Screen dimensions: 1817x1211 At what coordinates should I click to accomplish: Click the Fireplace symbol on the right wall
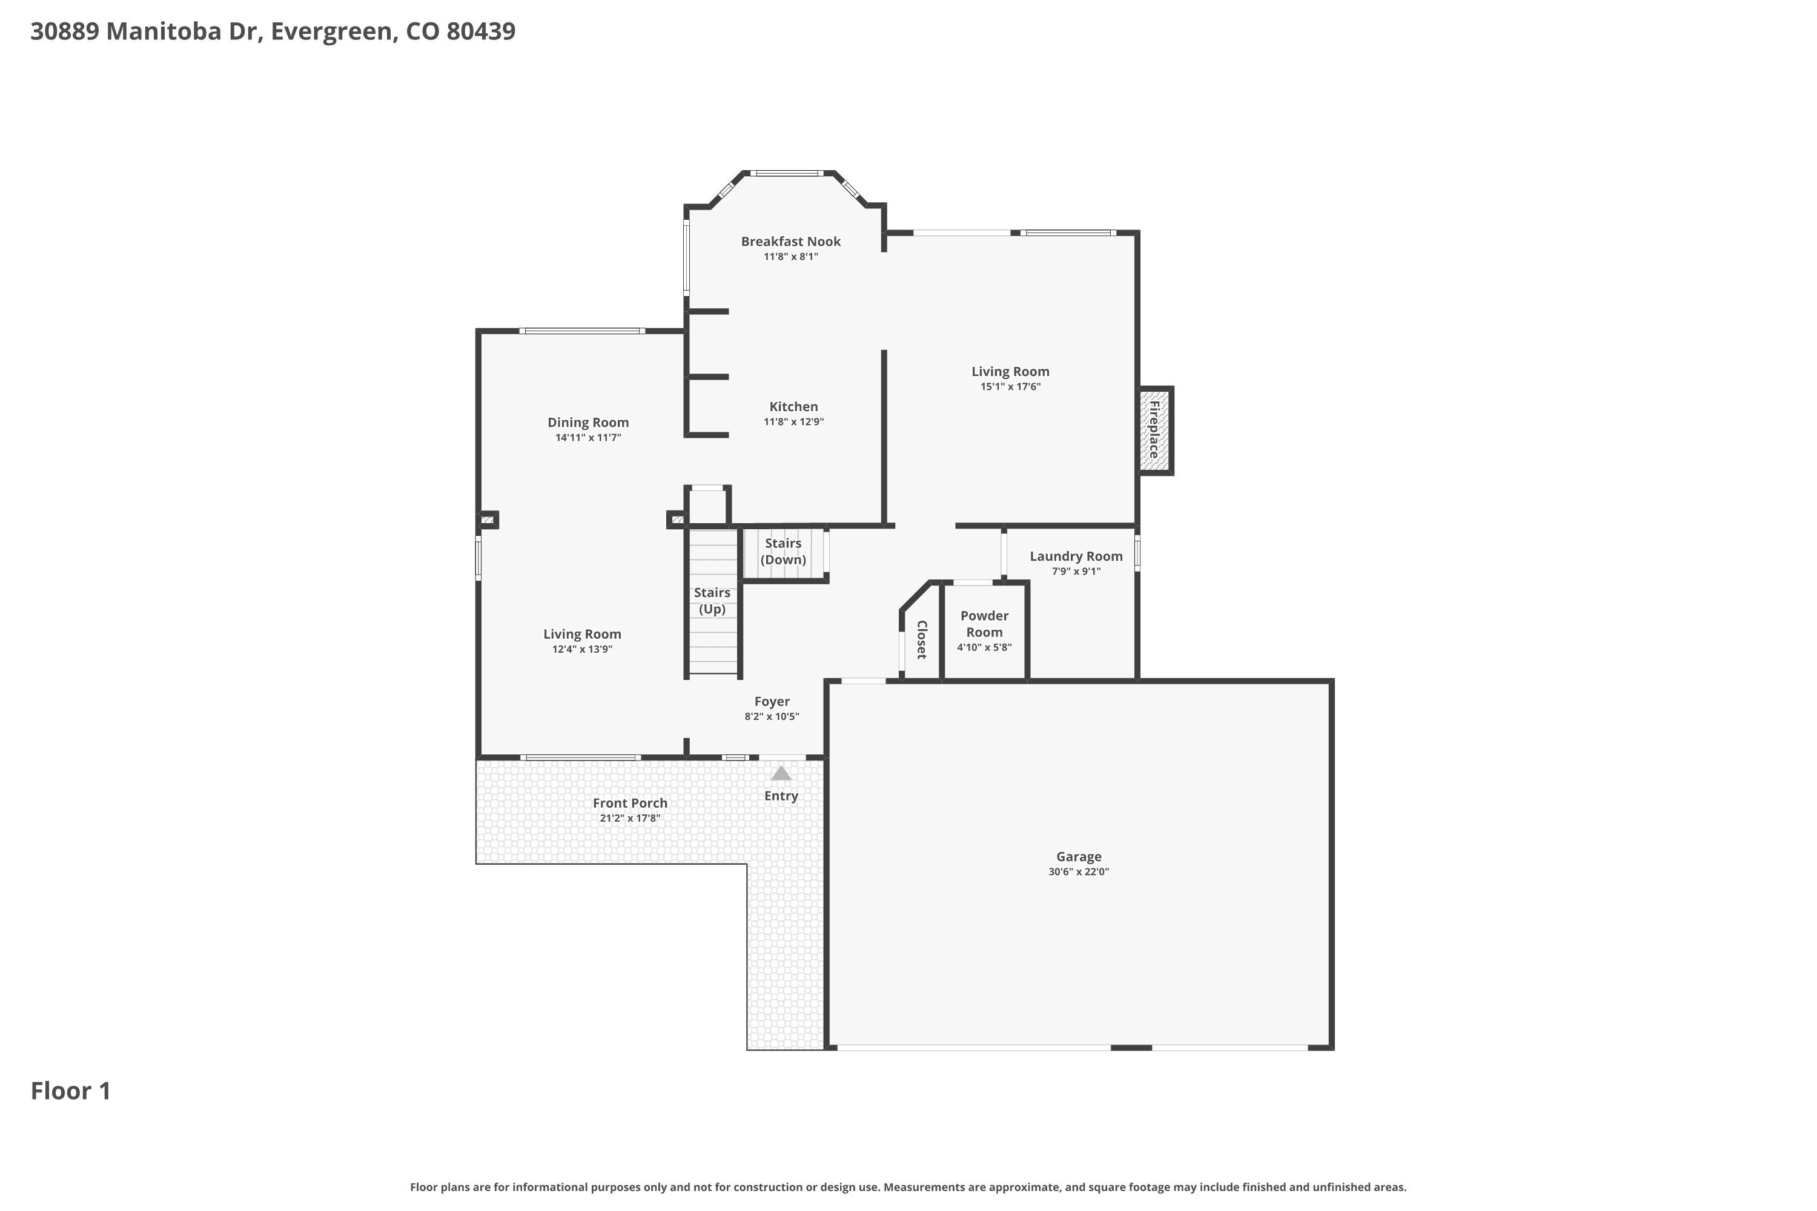pos(1156,430)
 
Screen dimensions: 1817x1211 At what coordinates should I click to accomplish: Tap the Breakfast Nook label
pos(790,242)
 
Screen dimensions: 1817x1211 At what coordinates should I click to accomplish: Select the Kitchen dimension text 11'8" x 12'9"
pos(793,421)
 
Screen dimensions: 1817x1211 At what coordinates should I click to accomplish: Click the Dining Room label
pos(588,423)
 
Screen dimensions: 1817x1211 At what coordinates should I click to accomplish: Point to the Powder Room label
pos(984,624)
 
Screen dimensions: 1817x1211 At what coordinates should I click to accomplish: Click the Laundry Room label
pos(1076,556)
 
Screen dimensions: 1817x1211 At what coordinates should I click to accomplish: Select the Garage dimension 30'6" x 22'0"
pos(1079,872)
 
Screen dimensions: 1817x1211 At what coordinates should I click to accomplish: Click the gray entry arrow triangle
pos(781,773)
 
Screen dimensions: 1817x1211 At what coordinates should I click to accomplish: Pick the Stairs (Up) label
pos(712,601)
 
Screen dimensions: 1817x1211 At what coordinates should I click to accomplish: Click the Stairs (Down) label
pos(783,552)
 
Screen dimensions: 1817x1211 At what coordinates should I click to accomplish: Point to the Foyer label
pos(772,701)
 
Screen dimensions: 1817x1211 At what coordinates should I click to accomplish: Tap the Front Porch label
pos(630,803)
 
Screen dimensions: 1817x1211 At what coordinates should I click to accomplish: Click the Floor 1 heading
pos(71,1091)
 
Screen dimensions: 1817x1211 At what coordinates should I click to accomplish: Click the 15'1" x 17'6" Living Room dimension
pos(1010,387)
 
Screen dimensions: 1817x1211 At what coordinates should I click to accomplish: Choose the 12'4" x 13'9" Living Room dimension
pos(581,650)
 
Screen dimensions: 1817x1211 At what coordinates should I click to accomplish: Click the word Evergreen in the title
pos(334,31)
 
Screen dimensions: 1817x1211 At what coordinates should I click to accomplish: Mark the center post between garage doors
pos(1131,1048)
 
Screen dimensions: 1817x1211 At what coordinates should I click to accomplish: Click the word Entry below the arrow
pos(781,796)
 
